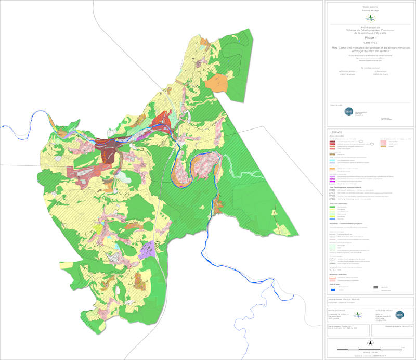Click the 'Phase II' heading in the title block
tap(370, 38)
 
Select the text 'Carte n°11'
tap(370, 42)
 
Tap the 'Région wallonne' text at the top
tap(370, 7)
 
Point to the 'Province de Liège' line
tap(370, 11)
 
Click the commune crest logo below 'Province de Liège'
tap(370, 18)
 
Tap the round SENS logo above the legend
tap(348, 111)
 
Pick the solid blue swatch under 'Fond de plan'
tap(333, 290)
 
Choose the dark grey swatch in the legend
tap(376, 287)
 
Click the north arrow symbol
tap(370, 343)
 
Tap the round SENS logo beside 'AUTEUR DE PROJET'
tap(400, 315)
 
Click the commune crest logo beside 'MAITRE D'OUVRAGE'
tap(357, 315)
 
